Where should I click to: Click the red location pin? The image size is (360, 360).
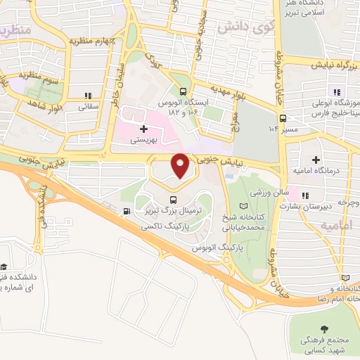click(181, 166)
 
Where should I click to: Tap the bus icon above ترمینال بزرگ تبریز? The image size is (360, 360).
click(174, 199)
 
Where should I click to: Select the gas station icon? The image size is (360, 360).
click(126, 211)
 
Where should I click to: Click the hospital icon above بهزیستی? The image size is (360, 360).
click(144, 129)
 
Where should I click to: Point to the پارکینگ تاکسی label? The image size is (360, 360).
click(160, 228)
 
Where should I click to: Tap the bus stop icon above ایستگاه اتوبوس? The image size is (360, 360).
click(183, 91)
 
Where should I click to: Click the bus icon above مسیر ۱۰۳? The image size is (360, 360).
click(283, 118)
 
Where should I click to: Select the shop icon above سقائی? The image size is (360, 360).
click(88, 95)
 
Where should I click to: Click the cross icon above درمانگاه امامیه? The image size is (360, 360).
click(316, 161)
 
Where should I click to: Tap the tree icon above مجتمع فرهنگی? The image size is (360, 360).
click(323, 328)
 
